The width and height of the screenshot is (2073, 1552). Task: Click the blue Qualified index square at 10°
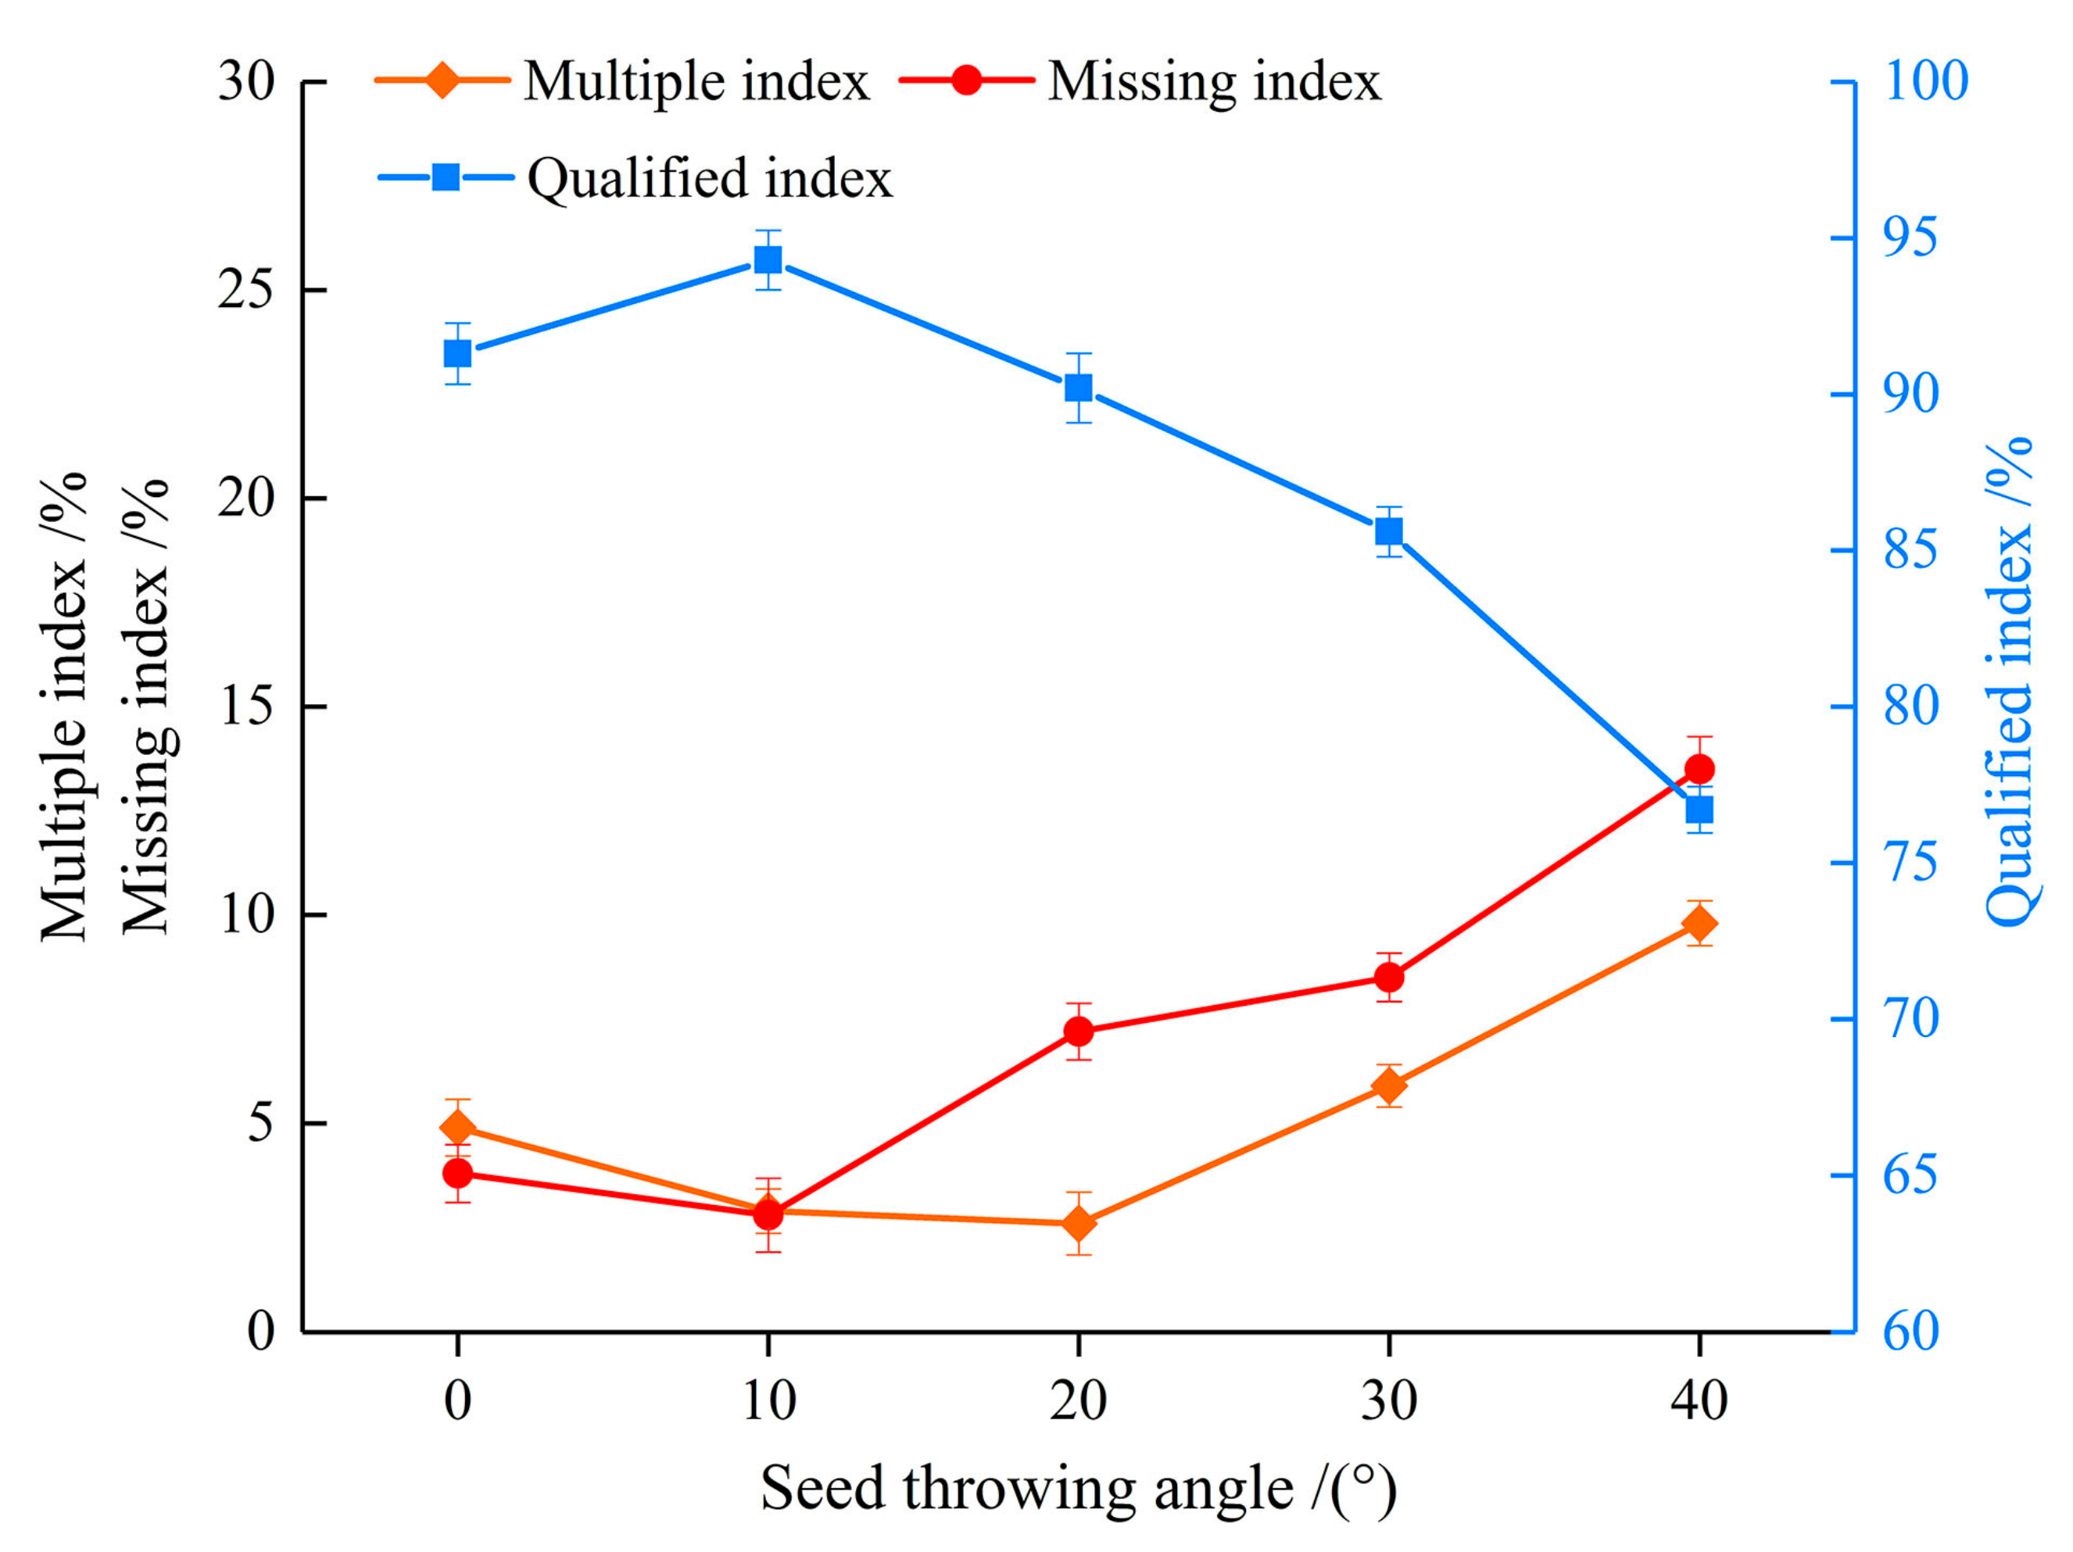tap(768, 259)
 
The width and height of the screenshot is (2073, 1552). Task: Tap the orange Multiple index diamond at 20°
tap(1079, 1224)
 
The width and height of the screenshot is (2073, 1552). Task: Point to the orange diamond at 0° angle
tap(457, 1128)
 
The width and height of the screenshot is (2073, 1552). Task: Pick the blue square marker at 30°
tap(1389, 531)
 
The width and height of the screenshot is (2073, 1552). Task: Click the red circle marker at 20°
tap(1079, 1031)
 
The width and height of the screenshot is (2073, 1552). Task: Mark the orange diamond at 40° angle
tap(1699, 924)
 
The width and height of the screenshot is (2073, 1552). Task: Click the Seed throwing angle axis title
tap(1078, 1488)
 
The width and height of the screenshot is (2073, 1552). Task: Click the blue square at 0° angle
tap(457, 353)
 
